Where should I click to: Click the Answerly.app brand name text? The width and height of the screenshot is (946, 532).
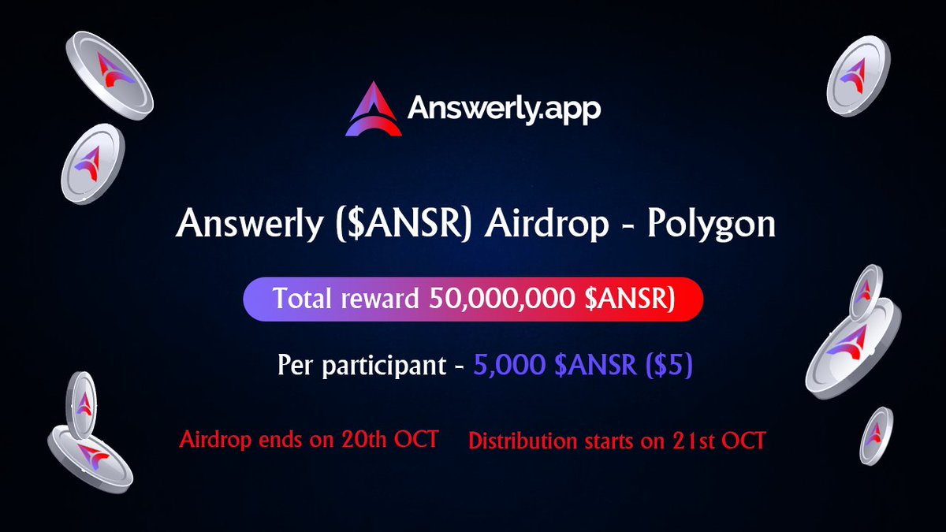[x=505, y=110]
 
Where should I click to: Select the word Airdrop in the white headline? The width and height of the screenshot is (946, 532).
[x=547, y=225]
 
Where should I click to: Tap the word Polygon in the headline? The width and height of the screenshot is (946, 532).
[x=712, y=225]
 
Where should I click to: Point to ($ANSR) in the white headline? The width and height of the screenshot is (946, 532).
[x=404, y=225]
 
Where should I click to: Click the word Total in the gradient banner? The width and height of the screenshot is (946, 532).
[x=303, y=298]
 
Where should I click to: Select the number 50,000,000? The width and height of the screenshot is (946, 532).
[x=502, y=299]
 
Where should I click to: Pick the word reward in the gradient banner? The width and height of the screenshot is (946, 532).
[x=380, y=299]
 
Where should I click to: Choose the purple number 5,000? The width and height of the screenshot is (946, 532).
[x=509, y=365]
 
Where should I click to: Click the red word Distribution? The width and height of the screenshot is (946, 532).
[x=523, y=441]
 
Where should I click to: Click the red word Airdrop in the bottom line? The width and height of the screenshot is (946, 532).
[x=215, y=441]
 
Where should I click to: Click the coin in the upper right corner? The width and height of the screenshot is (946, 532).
[x=858, y=76]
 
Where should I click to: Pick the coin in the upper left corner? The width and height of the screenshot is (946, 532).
[x=110, y=75]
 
